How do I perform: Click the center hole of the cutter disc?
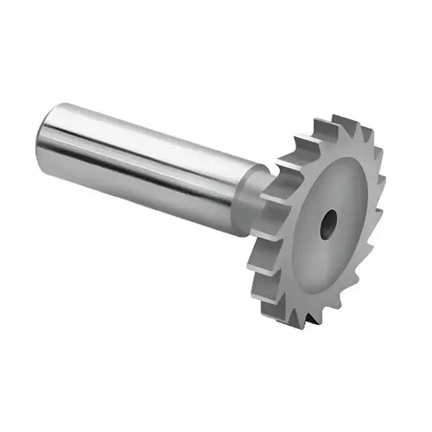tap(328, 226)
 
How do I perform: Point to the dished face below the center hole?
tap(324, 268)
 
